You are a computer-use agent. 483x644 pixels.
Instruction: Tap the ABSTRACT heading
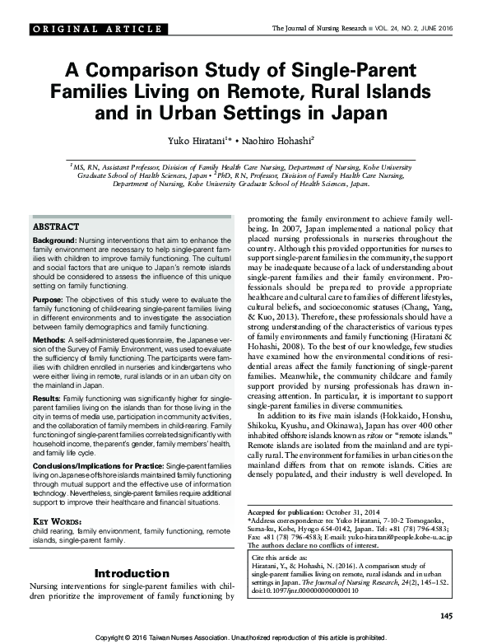[55, 226]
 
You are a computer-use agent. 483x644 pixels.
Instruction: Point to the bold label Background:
[54, 238]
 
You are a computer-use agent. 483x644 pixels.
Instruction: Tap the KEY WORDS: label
[58, 522]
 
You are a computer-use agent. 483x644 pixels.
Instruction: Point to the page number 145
[446, 616]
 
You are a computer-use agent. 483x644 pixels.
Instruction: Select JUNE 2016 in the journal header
[434, 30]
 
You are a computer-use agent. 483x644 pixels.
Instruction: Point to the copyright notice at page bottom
[241, 637]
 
